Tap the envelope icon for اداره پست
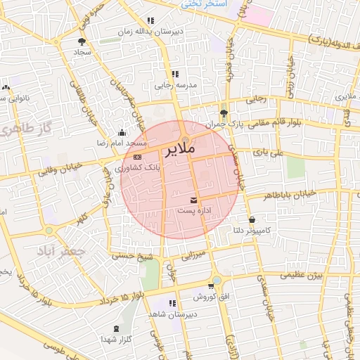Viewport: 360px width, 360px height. [193, 201]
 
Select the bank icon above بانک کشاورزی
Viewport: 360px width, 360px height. [137, 157]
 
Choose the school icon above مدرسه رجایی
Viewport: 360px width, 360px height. [174, 73]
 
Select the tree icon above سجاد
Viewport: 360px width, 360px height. [82, 41]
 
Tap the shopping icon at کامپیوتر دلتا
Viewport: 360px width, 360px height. [252, 219]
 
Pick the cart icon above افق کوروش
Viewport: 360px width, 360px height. [211, 286]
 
